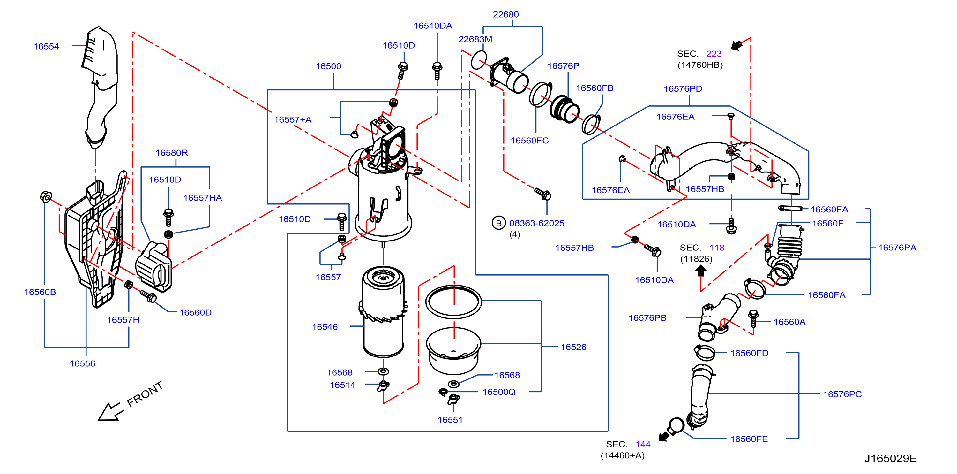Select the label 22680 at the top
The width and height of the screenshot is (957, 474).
point(505,14)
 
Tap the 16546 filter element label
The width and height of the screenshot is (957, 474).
point(325,327)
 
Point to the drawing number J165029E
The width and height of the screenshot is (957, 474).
point(890,458)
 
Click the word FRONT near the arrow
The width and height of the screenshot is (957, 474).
point(145,394)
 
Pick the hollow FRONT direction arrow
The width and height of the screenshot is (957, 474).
point(110,411)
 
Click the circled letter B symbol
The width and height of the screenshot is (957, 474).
point(498,223)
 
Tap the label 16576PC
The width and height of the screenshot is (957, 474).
point(842,394)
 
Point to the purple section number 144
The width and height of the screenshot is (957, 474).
point(643,444)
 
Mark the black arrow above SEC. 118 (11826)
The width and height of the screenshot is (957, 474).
point(701,271)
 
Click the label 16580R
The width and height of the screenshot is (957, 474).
point(172,153)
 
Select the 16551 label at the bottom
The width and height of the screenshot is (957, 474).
point(450,420)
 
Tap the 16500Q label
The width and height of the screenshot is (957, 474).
point(499,392)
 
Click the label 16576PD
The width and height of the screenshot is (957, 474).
point(683,89)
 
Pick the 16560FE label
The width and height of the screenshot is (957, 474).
point(749,439)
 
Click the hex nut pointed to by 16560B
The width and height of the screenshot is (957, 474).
point(46,197)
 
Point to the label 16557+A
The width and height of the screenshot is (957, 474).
point(293,120)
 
